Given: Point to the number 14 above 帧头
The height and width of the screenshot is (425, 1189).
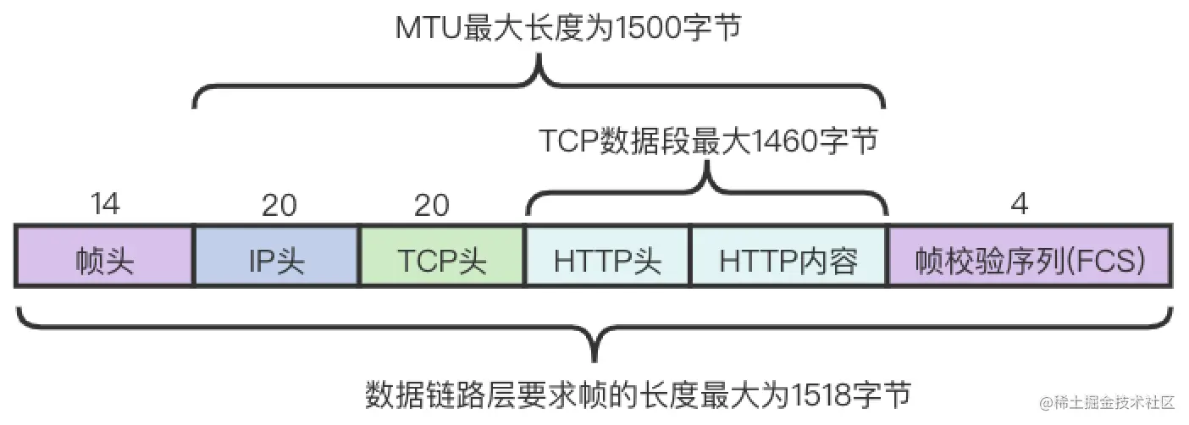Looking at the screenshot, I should click(x=104, y=205).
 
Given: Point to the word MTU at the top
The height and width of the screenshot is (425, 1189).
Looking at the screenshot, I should click(x=428, y=28).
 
